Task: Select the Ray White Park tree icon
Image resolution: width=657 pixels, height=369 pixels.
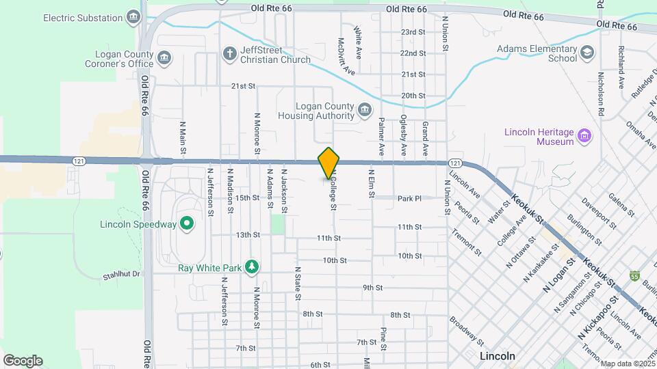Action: click(x=253, y=267)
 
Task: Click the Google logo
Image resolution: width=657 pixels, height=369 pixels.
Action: click(x=23, y=360)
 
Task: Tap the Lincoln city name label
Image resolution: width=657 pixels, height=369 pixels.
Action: click(x=496, y=357)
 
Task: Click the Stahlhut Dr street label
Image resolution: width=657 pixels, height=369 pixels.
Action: click(x=121, y=274)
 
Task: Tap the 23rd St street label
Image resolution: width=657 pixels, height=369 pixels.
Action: click(x=413, y=32)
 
